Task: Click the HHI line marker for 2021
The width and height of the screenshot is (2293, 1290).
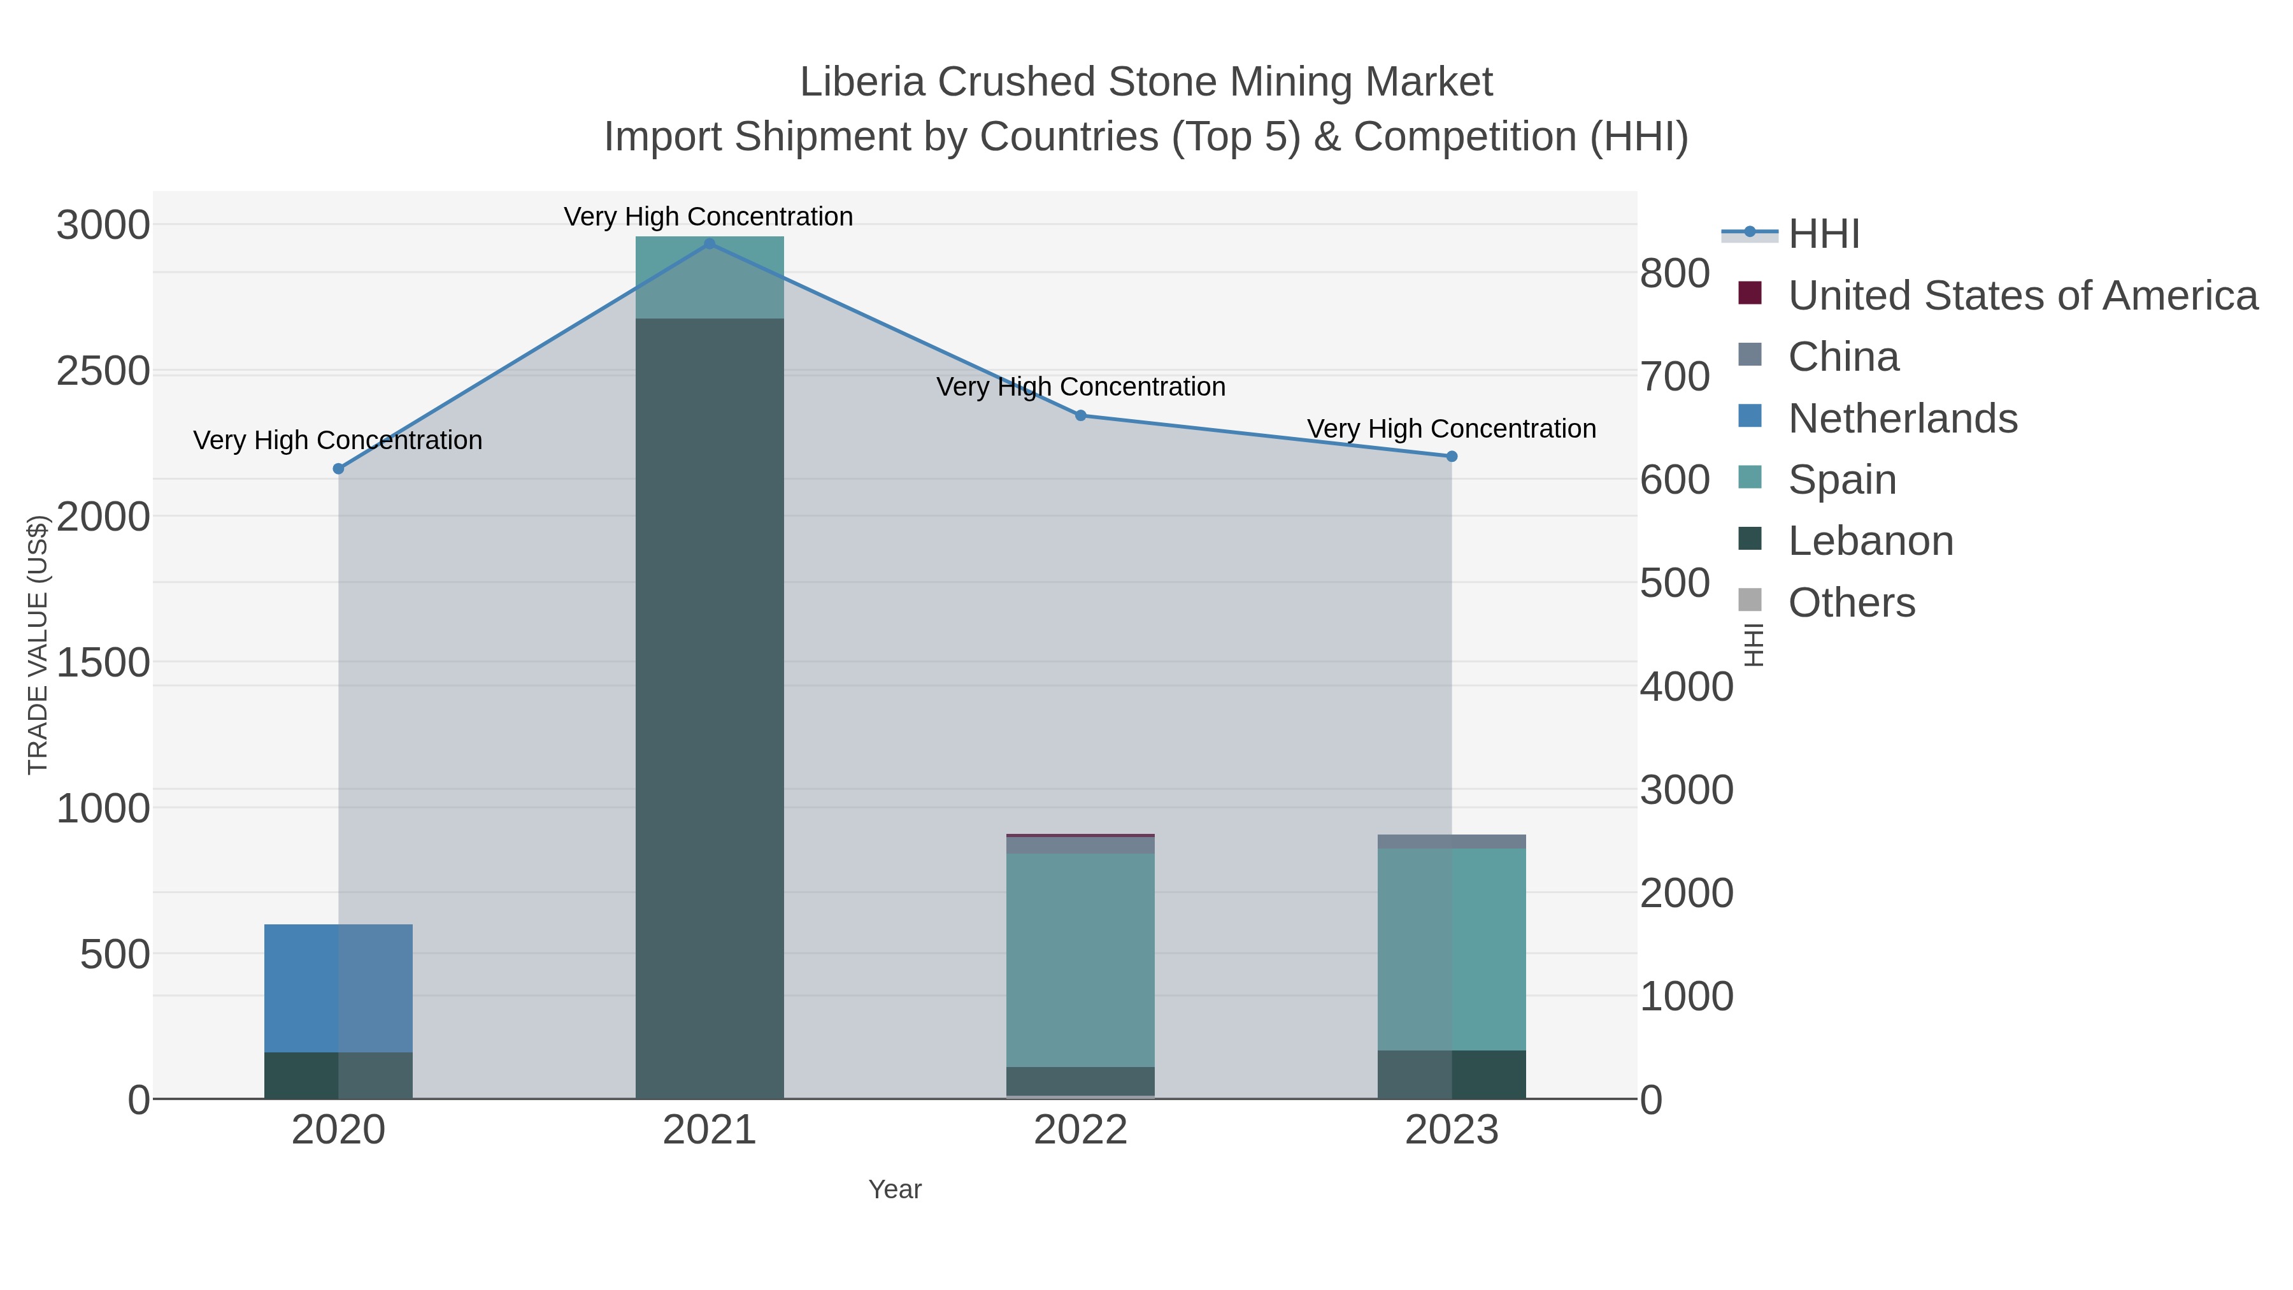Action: [710, 244]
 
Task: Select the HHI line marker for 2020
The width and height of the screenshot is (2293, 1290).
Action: [338, 469]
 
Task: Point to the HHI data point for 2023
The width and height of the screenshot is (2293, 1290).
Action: [1452, 457]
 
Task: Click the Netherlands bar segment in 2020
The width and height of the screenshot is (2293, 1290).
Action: [338, 988]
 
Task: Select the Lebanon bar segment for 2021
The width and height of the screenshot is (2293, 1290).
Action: [710, 708]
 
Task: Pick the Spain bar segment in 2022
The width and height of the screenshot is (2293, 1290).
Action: [1081, 960]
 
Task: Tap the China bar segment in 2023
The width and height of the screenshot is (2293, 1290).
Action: [1452, 842]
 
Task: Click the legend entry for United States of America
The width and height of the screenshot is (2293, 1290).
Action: [2022, 296]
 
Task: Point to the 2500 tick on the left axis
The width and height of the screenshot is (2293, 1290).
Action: [103, 371]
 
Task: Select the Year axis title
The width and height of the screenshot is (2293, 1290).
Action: [895, 1189]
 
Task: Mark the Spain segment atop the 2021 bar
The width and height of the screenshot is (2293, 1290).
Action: [710, 278]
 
